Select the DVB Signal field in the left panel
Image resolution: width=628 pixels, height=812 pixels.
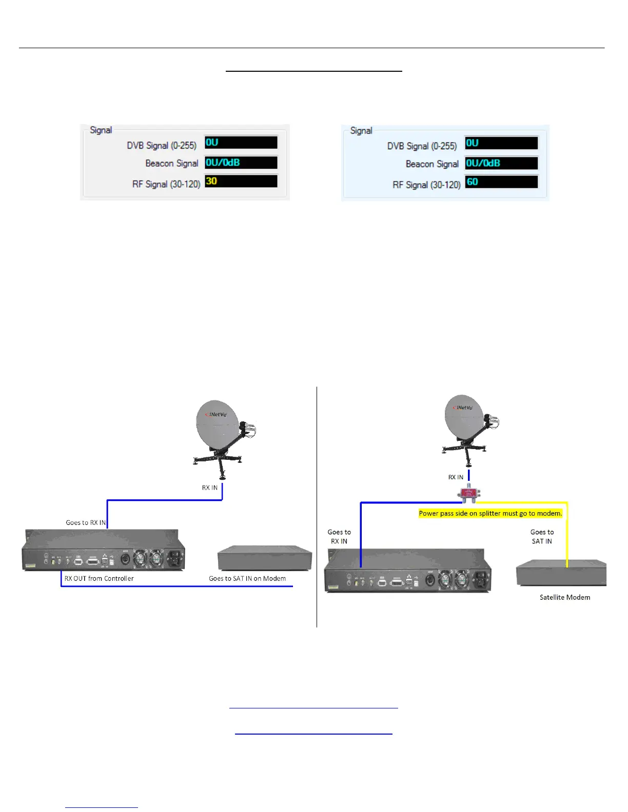coord(241,143)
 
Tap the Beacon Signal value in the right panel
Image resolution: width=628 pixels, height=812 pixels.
coord(501,163)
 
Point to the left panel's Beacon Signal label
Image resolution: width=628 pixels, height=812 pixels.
coord(171,163)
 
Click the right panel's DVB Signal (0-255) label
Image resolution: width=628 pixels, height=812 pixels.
coord(422,146)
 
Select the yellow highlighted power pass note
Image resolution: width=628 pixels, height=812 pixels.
coord(490,513)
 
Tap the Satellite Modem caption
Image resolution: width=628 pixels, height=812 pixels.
coord(564,597)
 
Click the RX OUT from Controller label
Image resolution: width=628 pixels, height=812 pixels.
coord(99,578)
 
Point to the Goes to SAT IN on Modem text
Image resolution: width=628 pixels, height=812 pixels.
coord(247,578)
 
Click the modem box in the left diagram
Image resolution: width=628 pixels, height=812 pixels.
coord(265,558)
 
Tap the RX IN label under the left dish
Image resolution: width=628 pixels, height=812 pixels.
coord(209,488)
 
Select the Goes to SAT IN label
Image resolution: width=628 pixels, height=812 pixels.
coord(542,537)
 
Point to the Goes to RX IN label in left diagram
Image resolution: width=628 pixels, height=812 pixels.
coord(86,522)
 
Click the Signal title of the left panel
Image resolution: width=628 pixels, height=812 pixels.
coord(101,130)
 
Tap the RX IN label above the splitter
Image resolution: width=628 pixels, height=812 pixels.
coord(456,477)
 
